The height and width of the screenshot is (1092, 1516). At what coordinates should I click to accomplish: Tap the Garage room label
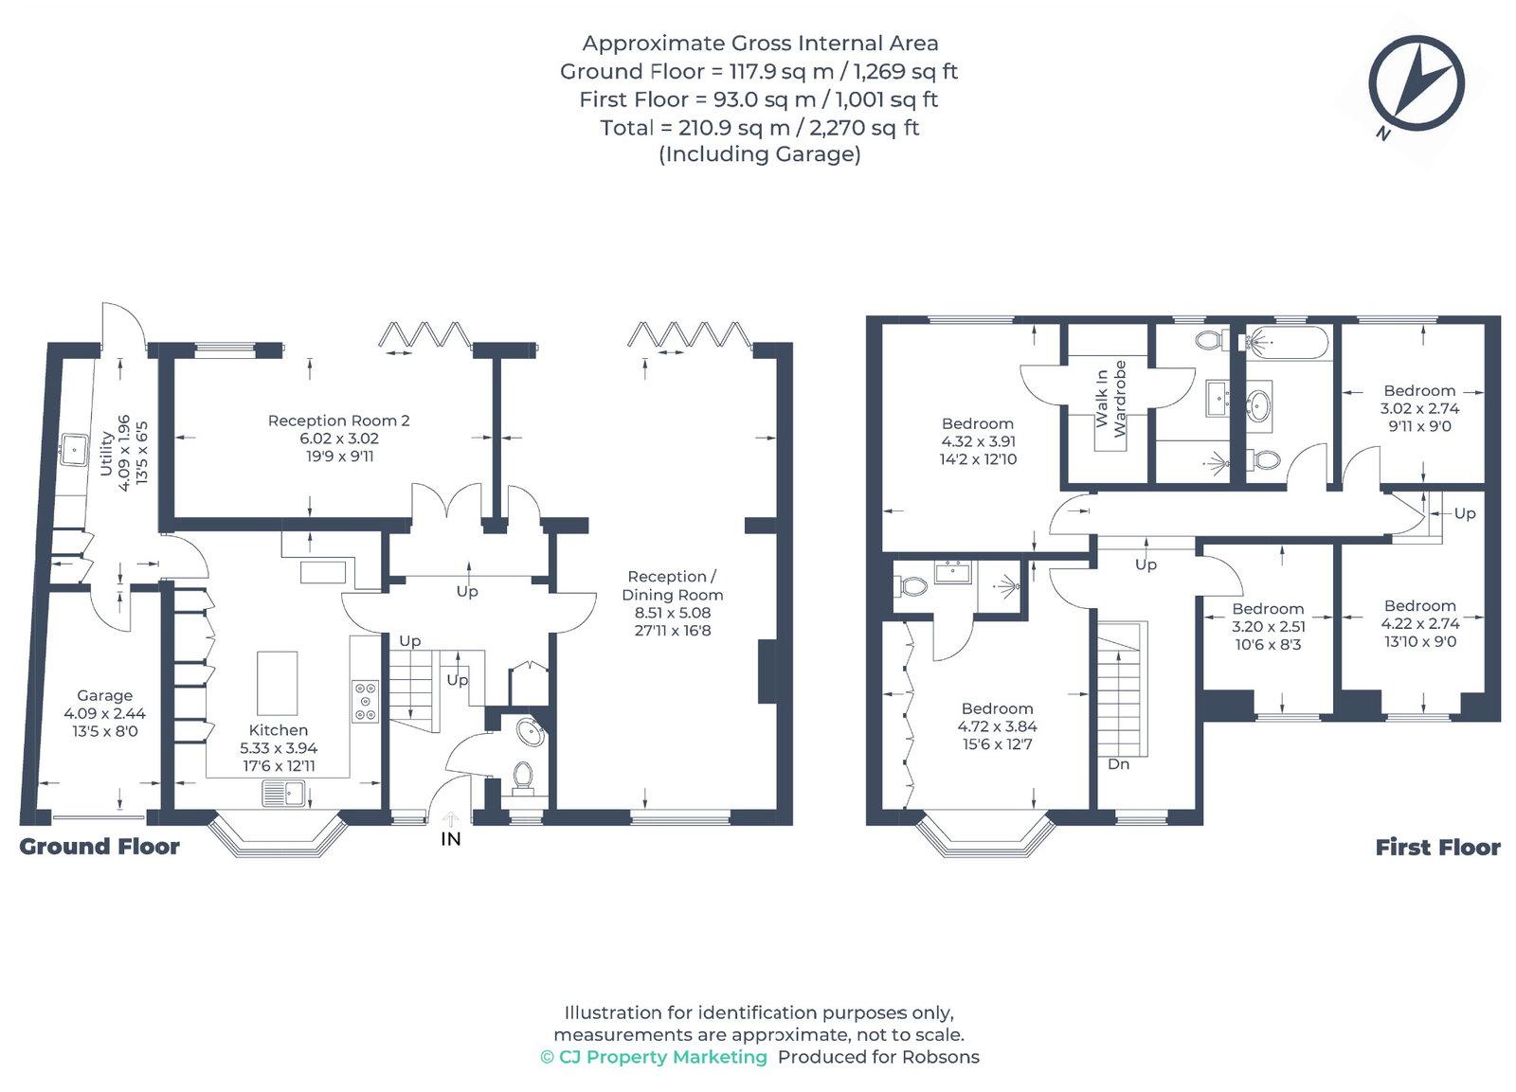click(105, 695)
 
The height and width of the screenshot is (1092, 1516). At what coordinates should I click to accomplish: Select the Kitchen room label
click(279, 730)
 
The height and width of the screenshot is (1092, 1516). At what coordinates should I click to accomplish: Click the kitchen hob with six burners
click(366, 702)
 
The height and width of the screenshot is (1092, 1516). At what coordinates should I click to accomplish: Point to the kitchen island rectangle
click(278, 683)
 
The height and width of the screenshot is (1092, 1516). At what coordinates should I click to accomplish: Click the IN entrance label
click(451, 839)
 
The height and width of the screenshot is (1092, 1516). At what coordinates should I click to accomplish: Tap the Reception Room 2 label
click(338, 421)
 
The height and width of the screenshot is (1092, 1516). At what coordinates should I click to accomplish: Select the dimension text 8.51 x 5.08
click(673, 613)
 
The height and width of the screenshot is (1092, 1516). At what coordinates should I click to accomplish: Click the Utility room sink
click(73, 449)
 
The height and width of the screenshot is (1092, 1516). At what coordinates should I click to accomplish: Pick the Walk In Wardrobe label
click(1110, 399)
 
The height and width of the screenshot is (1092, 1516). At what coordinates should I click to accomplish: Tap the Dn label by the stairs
click(1119, 764)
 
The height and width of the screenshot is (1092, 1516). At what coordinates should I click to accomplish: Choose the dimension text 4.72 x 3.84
click(998, 726)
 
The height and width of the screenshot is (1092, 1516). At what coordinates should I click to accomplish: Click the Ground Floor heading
click(99, 847)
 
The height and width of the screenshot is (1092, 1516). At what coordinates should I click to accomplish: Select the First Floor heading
click(1438, 847)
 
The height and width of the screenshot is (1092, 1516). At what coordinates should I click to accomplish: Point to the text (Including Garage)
click(760, 154)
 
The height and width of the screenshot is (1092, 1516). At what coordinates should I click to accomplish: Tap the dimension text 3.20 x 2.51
click(1269, 627)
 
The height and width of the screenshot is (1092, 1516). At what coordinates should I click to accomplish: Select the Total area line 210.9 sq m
click(760, 127)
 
